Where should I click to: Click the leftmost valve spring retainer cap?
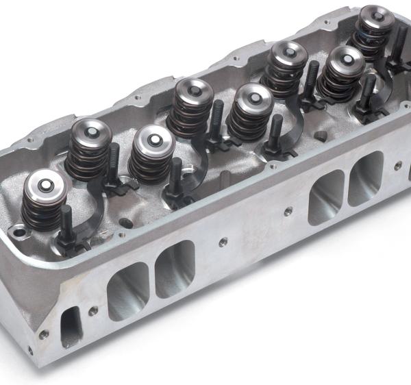(x=46, y=184)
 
